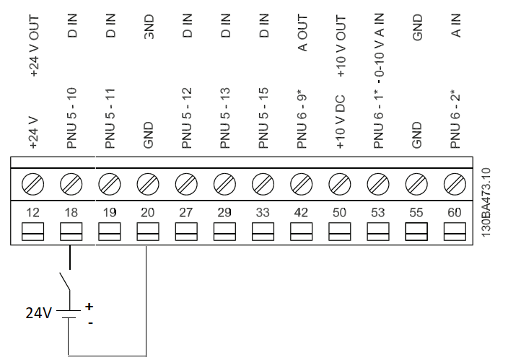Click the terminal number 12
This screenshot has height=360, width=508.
point(32,213)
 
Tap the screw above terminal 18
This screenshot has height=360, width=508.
point(71,184)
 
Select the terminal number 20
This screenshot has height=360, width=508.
point(147,213)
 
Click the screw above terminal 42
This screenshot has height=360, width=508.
point(302,184)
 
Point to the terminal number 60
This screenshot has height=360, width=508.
point(455,213)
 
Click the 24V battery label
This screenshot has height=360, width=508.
point(38,313)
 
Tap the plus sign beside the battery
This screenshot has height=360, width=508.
point(89,306)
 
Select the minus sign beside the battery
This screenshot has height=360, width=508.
point(91,322)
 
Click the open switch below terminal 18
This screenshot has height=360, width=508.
point(65,281)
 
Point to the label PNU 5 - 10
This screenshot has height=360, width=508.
point(71,118)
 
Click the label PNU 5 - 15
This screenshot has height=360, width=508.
point(263,118)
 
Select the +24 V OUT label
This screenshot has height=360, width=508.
point(34,45)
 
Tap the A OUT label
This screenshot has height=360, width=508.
point(302,32)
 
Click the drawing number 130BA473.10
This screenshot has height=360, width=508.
point(486,202)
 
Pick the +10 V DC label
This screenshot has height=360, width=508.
point(340,122)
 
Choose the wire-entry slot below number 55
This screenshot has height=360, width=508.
point(416,232)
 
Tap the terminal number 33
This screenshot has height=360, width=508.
point(263,213)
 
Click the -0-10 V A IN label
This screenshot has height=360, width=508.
point(379,45)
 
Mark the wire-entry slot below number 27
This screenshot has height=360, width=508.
point(186,232)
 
